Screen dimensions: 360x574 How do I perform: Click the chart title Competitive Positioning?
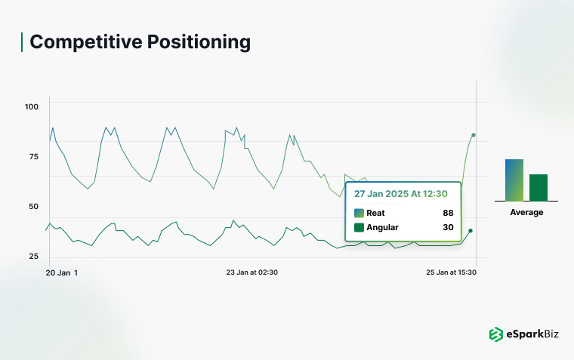coord(140,42)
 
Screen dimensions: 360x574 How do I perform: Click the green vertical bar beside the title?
coord(22,42)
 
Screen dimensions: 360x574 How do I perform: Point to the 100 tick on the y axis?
coord(31,106)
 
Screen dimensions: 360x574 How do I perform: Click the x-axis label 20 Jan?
coord(58,272)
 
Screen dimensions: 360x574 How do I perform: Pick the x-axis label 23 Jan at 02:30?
coord(252,272)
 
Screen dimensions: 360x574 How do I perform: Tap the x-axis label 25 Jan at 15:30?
coord(452,272)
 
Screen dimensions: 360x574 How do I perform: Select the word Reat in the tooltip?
coord(376,213)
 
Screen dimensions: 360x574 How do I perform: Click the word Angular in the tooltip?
coord(382,227)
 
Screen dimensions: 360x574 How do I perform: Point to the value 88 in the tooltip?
coord(448,213)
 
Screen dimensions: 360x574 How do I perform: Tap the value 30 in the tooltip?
coord(448,227)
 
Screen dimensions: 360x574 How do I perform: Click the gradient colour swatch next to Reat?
coord(359,213)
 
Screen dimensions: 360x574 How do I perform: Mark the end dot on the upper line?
coord(474,135)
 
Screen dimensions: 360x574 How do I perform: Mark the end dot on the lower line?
coord(471,231)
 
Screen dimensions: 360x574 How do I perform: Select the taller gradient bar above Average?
coord(514,180)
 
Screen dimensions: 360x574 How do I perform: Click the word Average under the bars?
coord(526,212)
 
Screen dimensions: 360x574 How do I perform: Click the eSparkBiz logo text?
coord(532,334)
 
